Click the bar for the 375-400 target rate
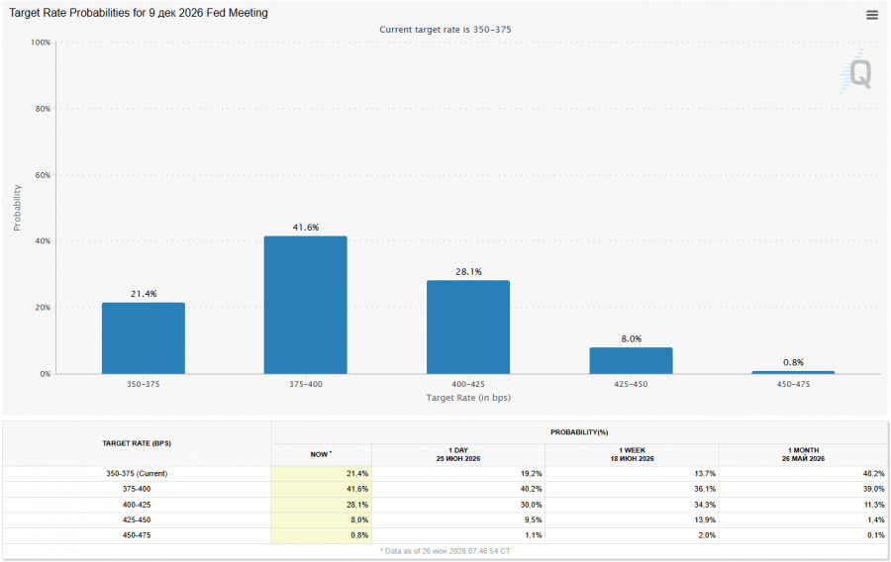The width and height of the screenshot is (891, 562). pyautogui.click(x=305, y=305)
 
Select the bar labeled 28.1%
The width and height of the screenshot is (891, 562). pyautogui.click(x=468, y=327)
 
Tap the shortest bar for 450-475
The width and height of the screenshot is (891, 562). pyautogui.click(x=793, y=372)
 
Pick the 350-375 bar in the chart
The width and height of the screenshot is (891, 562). pyautogui.click(x=144, y=338)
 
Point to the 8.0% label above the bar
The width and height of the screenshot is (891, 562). pyautogui.click(x=632, y=339)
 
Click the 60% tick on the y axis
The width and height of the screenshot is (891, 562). pyautogui.click(x=43, y=175)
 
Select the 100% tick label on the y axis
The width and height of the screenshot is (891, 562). pyautogui.click(x=41, y=43)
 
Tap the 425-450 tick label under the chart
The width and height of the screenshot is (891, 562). pyautogui.click(x=631, y=384)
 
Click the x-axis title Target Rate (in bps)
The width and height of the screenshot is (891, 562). pyautogui.click(x=468, y=398)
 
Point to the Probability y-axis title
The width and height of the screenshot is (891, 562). pyautogui.click(x=17, y=208)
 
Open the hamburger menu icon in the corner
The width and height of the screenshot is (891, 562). pyautogui.click(x=872, y=15)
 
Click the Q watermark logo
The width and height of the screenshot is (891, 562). pyautogui.click(x=856, y=73)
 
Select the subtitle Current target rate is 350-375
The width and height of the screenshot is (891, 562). pyautogui.click(x=445, y=30)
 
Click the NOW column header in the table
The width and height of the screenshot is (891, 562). pyautogui.click(x=321, y=454)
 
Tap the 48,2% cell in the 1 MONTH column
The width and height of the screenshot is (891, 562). pyautogui.click(x=873, y=473)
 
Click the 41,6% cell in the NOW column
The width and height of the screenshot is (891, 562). pyautogui.click(x=357, y=489)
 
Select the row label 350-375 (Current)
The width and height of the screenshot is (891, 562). pyautogui.click(x=137, y=473)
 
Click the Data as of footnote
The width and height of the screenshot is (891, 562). pyautogui.click(x=445, y=551)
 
